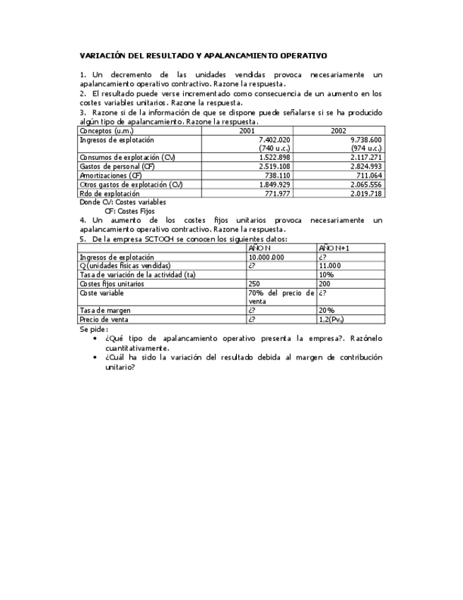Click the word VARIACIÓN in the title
click(x=104, y=54)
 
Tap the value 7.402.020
click(x=275, y=140)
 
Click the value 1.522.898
click(x=275, y=157)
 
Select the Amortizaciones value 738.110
click(x=279, y=175)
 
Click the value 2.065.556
click(x=366, y=185)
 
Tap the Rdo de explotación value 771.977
click(x=279, y=193)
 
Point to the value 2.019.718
click(x=366, y=193)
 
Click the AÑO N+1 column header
click(x=334, y=248)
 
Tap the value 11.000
click(x=330, y=266)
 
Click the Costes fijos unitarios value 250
click(x=254, y=283)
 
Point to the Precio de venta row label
click(x=105, y=319)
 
